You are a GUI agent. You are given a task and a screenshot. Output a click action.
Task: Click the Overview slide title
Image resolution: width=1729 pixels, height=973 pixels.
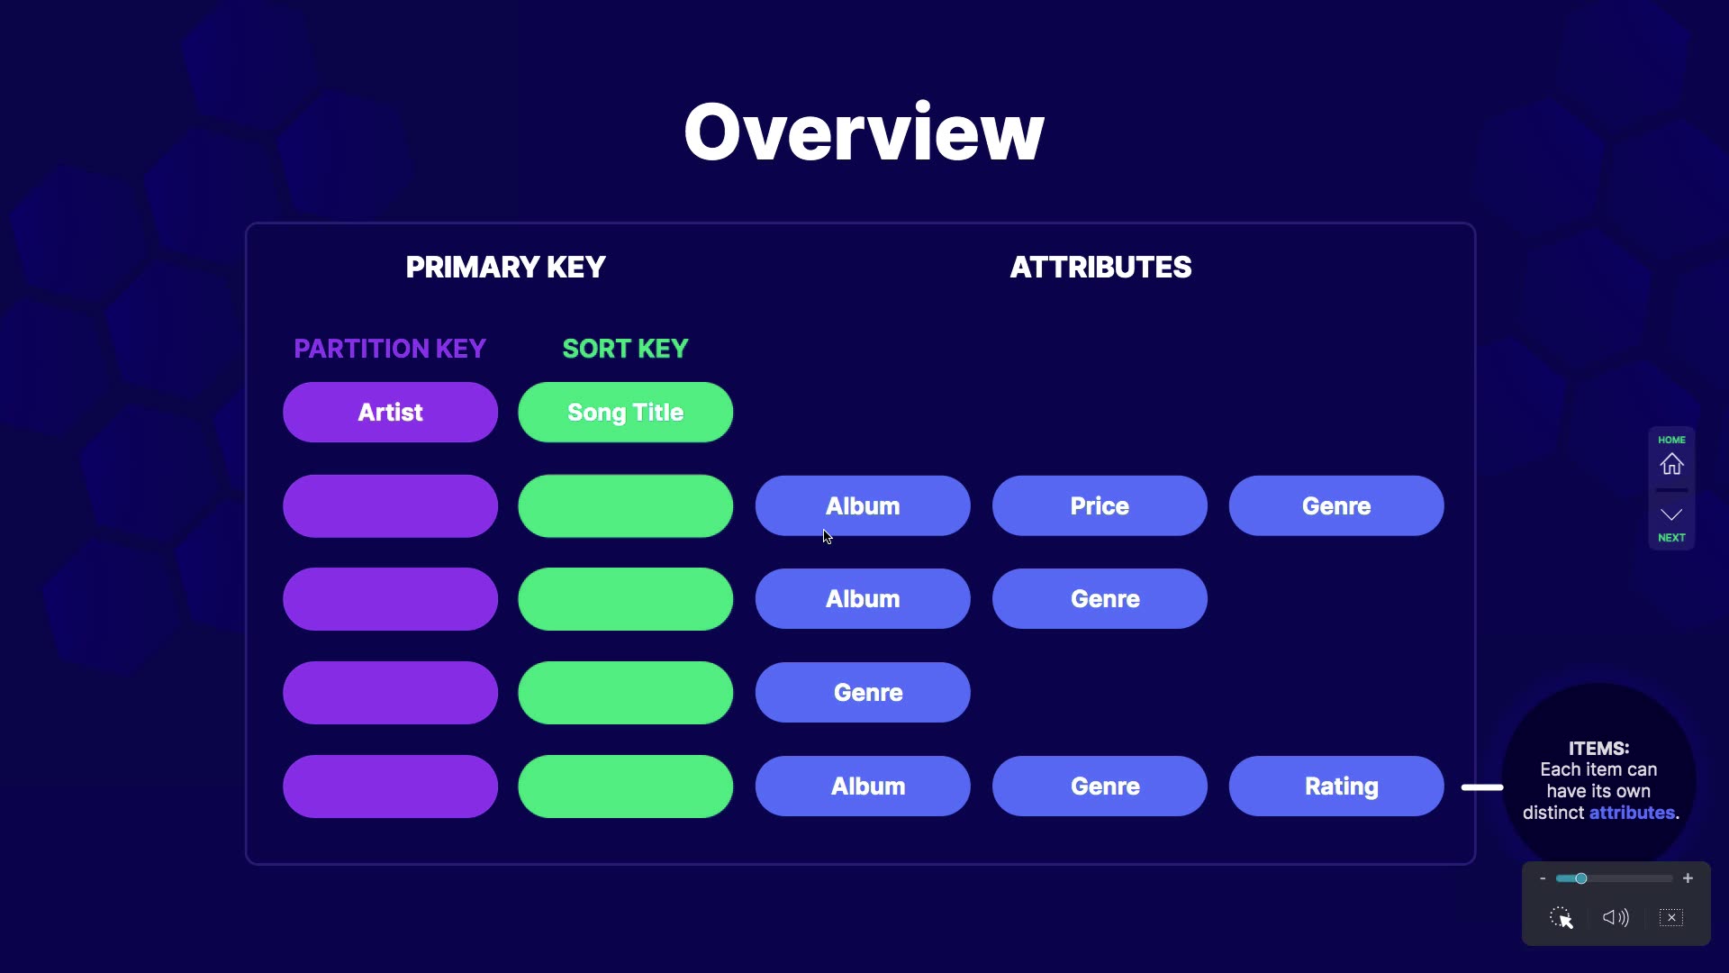[864, 132]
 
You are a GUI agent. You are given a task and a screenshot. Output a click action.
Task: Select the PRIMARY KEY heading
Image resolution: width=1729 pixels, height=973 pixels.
[505, 268]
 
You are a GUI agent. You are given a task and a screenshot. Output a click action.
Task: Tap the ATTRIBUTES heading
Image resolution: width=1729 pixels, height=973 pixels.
[1100, 268]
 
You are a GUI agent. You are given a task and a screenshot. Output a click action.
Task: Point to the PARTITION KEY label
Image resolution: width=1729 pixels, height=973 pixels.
[390, 349]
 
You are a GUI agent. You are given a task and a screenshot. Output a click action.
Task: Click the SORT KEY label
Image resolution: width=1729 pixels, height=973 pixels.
[625, 349]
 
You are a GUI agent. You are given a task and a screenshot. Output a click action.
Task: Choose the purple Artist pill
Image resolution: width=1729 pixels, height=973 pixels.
[390, 412]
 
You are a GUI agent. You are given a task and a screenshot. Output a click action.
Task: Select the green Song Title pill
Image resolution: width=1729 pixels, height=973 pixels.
[625, 412]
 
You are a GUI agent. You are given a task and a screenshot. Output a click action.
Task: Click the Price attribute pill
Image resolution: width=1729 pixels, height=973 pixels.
[1100, 505]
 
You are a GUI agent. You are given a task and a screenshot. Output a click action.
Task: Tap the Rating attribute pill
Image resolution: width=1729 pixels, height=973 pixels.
[1336, 786]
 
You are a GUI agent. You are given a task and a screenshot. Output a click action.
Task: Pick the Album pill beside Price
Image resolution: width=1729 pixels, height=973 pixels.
[863, 505]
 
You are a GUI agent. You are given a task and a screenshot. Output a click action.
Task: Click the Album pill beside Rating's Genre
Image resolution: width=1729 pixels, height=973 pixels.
[863, 786]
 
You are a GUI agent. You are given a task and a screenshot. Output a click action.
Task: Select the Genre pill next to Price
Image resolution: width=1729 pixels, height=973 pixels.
[1336, 505]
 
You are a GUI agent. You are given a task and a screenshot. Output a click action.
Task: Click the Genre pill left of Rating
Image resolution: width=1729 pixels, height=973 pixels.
[1100, 786]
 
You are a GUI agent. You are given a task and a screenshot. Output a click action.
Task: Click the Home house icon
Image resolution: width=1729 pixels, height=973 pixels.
[1672, 464]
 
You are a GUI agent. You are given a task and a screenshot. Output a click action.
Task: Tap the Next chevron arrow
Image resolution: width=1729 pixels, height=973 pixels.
[1671, 514]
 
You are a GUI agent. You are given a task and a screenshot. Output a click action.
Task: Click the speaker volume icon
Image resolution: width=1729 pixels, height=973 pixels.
[1616, 917]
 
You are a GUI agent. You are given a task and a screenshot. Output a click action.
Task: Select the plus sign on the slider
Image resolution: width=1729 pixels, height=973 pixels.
[1688, 878]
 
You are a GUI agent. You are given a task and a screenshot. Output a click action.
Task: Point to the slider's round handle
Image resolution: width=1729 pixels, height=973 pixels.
[1580, 878]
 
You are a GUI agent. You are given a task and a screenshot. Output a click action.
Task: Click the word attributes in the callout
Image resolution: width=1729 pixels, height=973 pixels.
[1632, 813]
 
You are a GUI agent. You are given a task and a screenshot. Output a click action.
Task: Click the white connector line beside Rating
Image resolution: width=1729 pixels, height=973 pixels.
[1482, 787]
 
